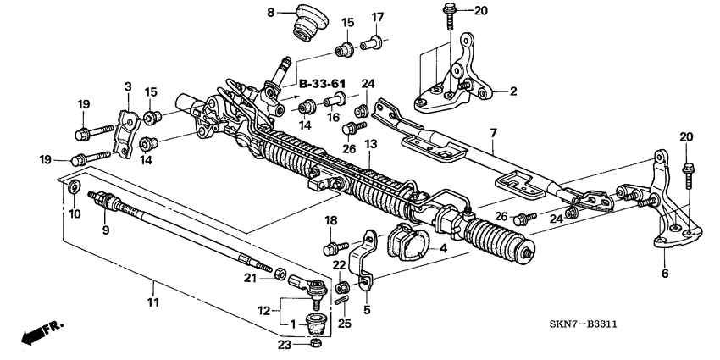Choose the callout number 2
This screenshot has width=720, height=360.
coord(512,90)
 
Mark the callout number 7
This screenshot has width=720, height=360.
coord(492,133)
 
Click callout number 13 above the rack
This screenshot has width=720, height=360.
coord(370,146)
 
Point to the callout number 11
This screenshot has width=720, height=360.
coord(152,302)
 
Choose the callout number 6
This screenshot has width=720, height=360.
coord(664,273)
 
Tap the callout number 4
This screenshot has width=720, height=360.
coord(441,249)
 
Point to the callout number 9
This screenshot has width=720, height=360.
coord(106,230)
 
